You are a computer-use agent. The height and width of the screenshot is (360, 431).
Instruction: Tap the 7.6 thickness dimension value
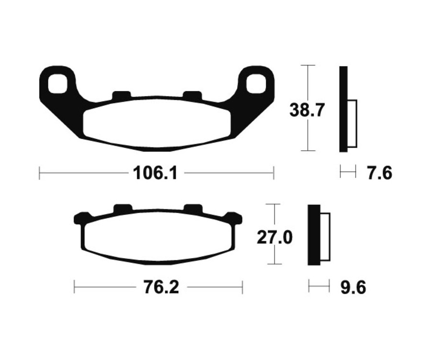(380, 173)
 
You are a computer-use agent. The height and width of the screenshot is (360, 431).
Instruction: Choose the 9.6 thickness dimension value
(354, 288)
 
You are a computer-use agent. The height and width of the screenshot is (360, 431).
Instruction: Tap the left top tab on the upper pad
(121, 95)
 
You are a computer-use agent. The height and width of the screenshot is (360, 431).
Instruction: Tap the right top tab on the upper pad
(193, 95)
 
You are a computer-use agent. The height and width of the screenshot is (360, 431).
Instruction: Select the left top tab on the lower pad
(122, 209)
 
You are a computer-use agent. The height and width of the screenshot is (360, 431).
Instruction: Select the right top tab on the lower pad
(193, 209)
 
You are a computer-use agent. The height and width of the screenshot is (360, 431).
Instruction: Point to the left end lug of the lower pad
(80, 218)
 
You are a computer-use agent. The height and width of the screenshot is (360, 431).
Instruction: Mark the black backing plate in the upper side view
(343, 109)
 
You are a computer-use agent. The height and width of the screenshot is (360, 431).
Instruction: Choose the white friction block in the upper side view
(352, 124)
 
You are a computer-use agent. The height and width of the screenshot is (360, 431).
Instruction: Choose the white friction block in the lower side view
(325, 237)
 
